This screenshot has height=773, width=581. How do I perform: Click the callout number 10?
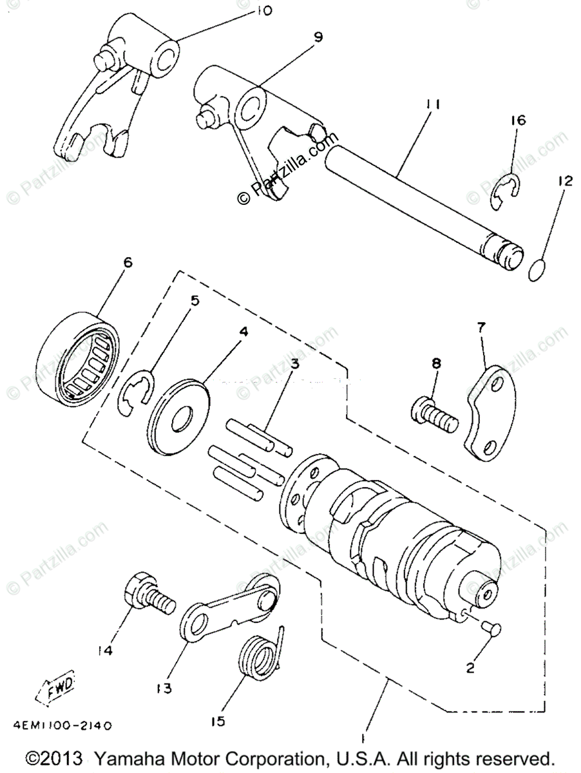[x=247, y=10]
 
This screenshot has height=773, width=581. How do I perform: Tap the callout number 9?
[x=318, y=38]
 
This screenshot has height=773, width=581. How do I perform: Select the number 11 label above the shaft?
[x=433, y=104]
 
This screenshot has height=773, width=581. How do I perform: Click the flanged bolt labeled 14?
[x=147, y=591]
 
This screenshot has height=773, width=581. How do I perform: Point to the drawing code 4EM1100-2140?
[x=62, y=725]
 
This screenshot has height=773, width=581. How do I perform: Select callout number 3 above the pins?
[x=294, y=365]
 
